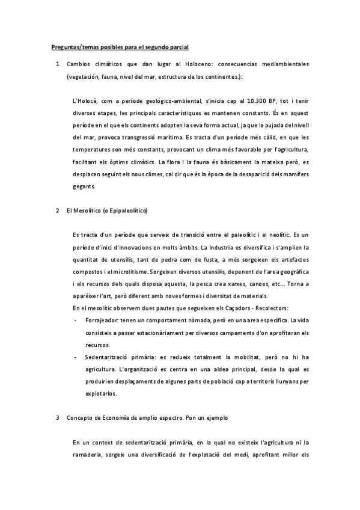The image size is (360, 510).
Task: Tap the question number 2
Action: tap(57, 211)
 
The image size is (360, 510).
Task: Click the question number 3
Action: tap(57, 416)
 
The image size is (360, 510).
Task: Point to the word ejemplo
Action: tap(215, 416)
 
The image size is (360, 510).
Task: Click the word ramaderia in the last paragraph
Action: tap(88, 455)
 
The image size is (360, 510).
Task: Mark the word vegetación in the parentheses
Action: tap(87, 76)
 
